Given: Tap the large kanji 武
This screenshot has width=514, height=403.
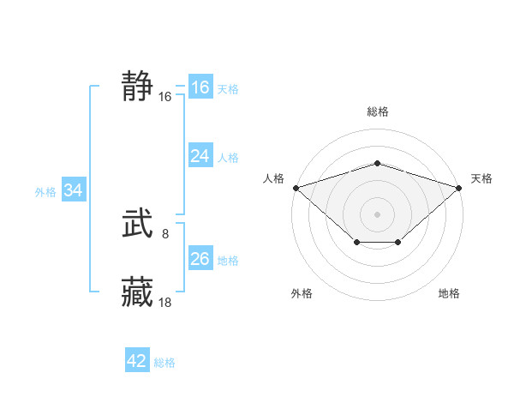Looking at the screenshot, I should pyautogui.click(x=137, y=226).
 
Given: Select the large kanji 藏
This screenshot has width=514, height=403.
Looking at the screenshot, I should pyautogui.click(x=137, y=292).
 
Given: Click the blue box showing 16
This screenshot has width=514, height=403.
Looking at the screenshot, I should pyautogui.click(x=200, y=87).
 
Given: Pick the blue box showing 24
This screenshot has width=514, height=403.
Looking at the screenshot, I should pyautogui.click(x=200, y=156).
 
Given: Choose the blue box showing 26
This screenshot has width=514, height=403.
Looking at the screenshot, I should pyautogui.click(x=200, y=259).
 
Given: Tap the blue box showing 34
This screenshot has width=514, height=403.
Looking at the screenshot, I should pyautogui.click(x=74, y=191).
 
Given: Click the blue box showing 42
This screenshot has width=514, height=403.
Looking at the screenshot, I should pyautogui.click(x=137, y=361).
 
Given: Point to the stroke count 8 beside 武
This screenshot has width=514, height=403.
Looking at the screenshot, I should pyautogui.click(x=165, y=232).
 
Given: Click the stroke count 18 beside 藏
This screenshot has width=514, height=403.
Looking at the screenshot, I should pyautogui.click(x=165, y=302).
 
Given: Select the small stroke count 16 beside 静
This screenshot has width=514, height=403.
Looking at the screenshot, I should pyautogui.click(x=165, y=97).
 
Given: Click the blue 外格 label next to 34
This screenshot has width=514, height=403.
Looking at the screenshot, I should pyautogui.click(x=45, y=192).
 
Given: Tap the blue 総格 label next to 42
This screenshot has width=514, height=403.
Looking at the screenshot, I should pyautogui.click(x=164, y=363).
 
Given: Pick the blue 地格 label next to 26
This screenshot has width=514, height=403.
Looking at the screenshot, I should pyautogui.click(x=228, y=261).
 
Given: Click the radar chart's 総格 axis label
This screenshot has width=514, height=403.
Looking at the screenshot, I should pyautogui.click(x=378, y=111).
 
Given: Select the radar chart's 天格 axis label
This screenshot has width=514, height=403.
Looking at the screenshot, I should pyautogui.click(x=482, y=178).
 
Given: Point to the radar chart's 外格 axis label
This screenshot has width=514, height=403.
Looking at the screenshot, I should pyautogui.click(x=302, y=293).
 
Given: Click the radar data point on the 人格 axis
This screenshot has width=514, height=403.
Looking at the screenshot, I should pyautogui.click(x=296, y=187).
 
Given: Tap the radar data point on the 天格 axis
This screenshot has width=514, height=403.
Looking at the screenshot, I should pyautogui.click(x=460, y=187).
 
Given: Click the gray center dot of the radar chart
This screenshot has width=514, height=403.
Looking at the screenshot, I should pyautogui.click(x=378, y=214).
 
